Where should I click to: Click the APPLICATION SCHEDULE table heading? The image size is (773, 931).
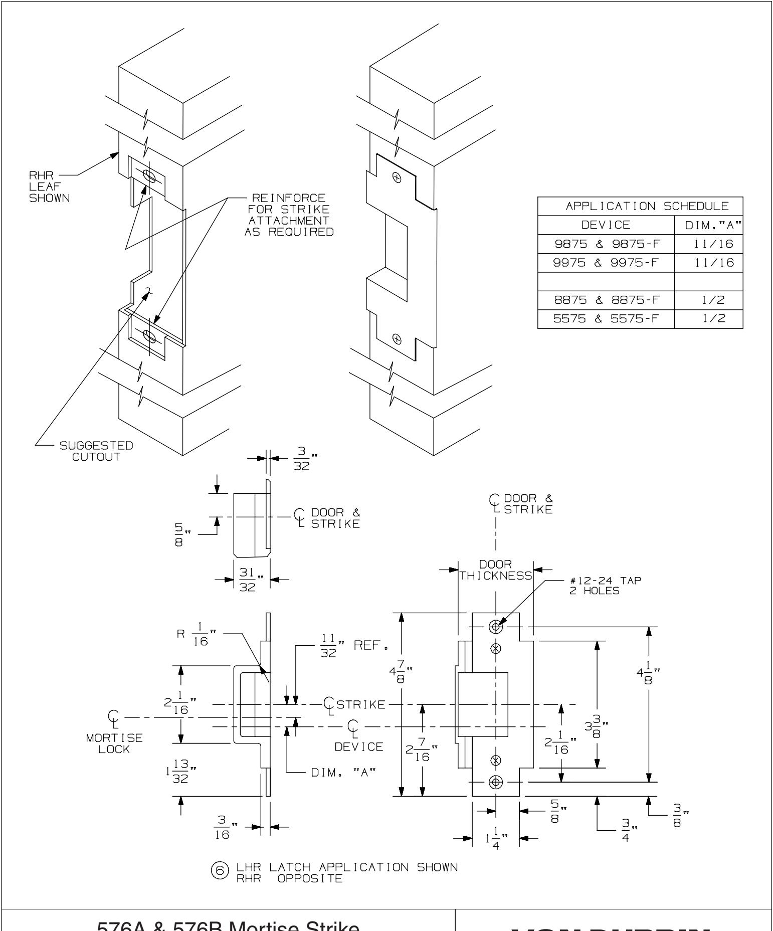tap(640, 206)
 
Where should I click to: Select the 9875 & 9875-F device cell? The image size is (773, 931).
tap(606, 244)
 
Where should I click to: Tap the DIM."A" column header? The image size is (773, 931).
tap(708, 225)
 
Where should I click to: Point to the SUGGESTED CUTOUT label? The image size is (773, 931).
tap(95, 451)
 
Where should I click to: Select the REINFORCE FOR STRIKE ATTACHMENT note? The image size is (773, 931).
tap(289, 214)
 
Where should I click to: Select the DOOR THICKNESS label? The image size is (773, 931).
tap(495, 570)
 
